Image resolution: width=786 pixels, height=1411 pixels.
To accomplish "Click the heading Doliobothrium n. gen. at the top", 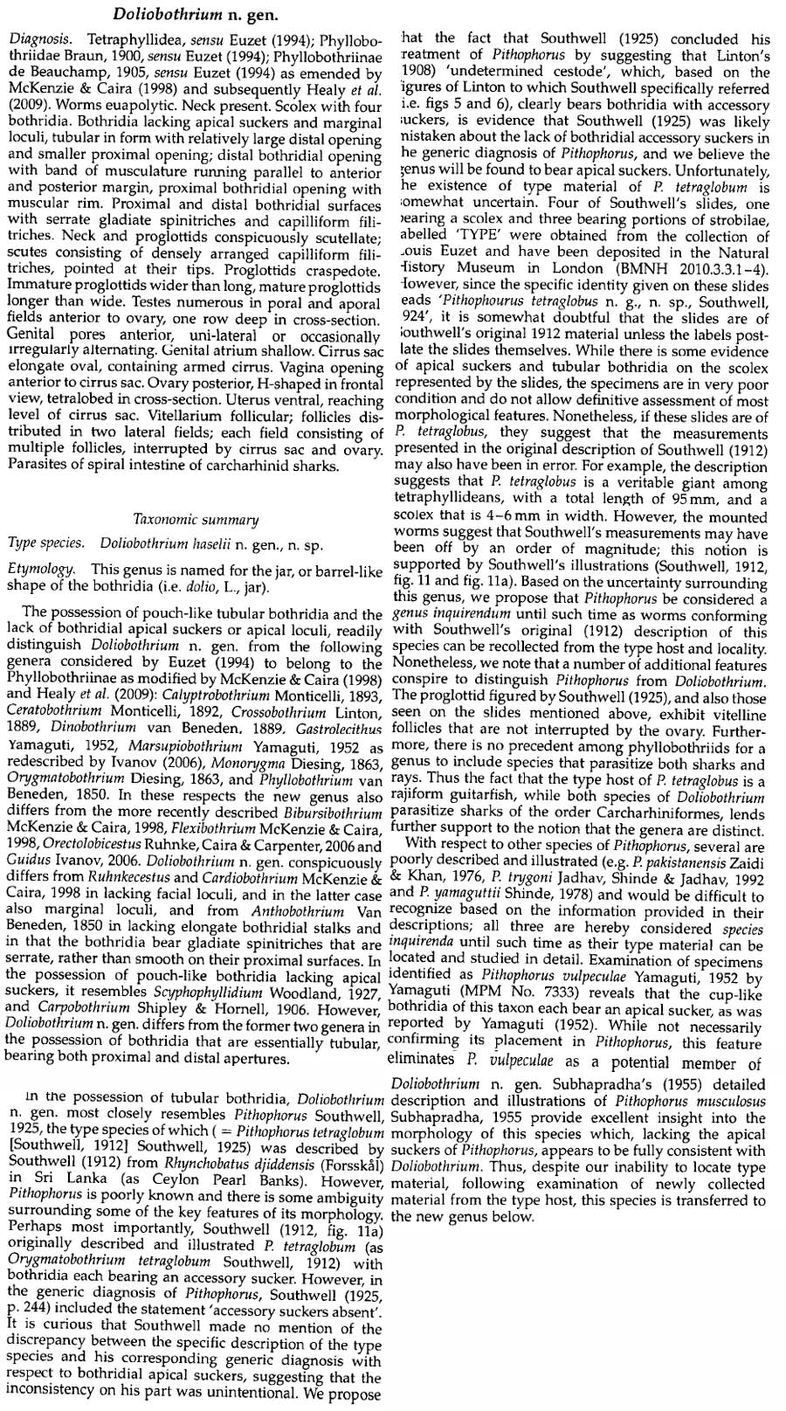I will [x=183, y=14].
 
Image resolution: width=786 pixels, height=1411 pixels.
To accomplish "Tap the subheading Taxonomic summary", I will [x=196, y=520].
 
